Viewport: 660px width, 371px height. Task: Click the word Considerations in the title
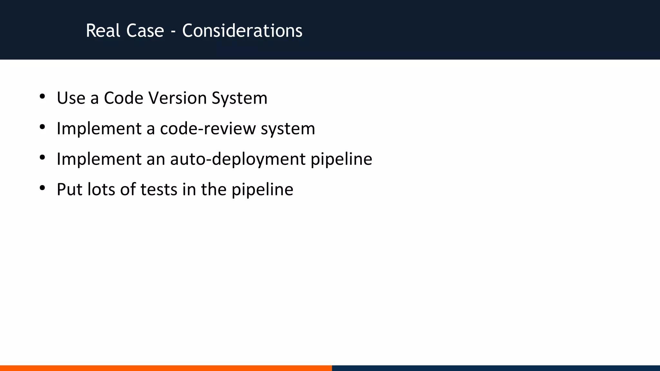coord(242,31)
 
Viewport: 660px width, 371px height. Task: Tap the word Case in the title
coord(145,31)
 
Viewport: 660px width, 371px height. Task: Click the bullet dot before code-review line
coord(42,127)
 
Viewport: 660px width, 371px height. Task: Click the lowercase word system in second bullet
coord(288,128)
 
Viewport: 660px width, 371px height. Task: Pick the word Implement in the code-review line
coord(99,128)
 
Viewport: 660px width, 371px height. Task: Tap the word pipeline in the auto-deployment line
coord(341,159)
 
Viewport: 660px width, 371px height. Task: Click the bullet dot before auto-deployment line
coord(42,157)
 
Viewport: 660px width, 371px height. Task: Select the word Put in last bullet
coord(69,189)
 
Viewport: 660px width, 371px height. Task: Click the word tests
coord(159,189)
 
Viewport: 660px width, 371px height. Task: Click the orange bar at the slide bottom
coord(166,368)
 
